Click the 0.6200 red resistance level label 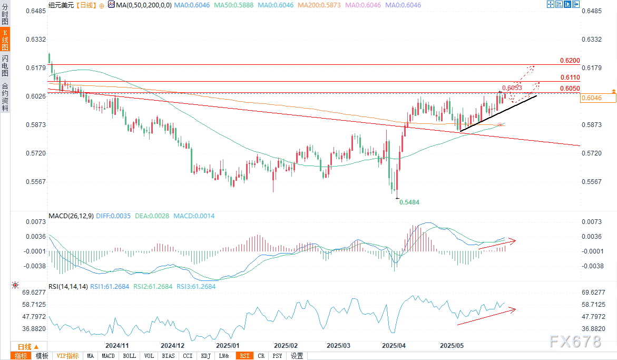(570, 61)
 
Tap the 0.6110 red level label (570, 77)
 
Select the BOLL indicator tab (129, 356)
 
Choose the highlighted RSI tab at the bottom (244, 356)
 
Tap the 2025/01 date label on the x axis (228, 346)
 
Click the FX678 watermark (575, 342)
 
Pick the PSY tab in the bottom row (277, 356)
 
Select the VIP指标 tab (67, 356)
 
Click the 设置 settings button (297, 356)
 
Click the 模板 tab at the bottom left (42, 356)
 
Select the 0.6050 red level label (570, 88)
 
